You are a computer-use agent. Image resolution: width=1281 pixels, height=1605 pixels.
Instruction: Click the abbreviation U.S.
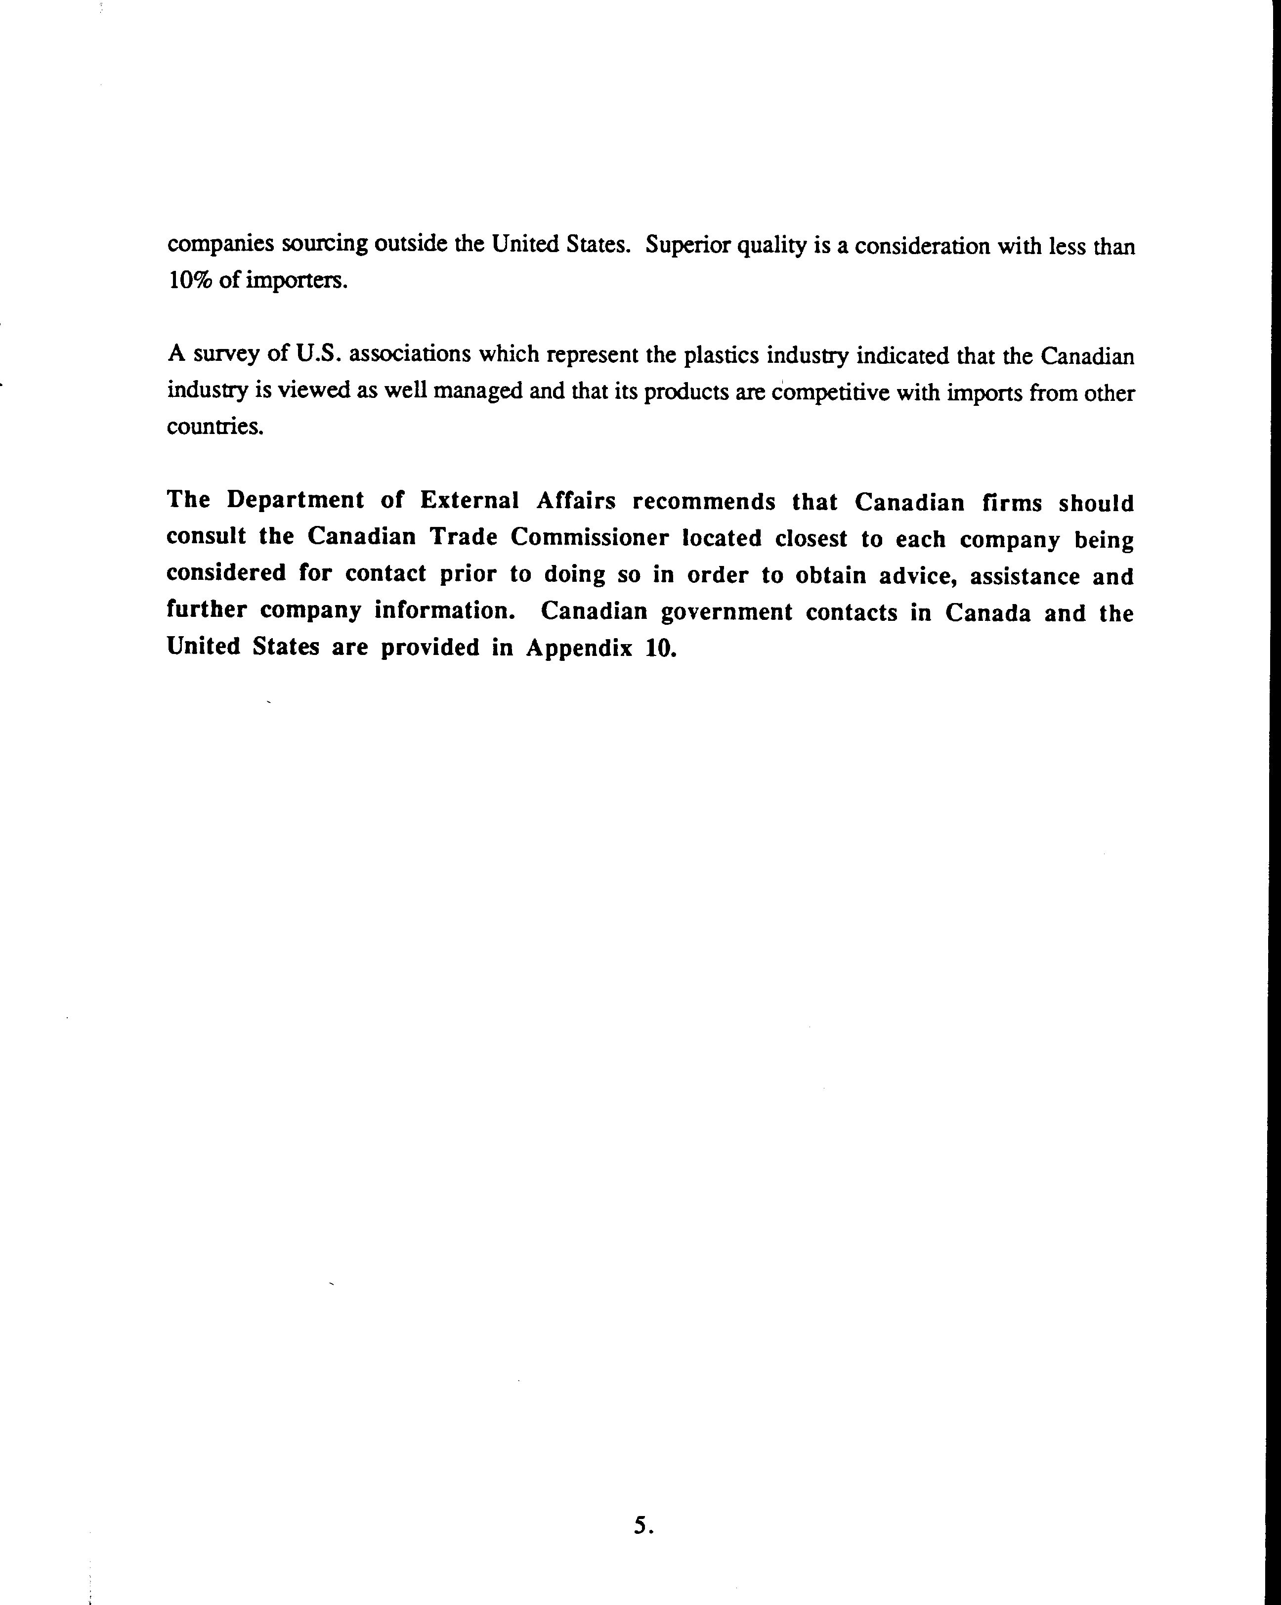pyautogui.click(x=319, y=353)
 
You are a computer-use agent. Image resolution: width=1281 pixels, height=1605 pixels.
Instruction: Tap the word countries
pyautogui.click(x=215, y=427)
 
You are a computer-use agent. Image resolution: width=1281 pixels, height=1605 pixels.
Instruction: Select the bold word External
pyautogui.click(x=470, y=501)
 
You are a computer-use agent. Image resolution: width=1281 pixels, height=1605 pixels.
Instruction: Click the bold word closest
pyautogui.click(x=811, y=538)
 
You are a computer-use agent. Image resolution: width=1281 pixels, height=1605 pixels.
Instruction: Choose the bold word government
pyautogui.click(x=726, y=612)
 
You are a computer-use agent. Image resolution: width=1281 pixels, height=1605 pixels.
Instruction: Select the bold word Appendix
pyautogui.click(x=572, y=648)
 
